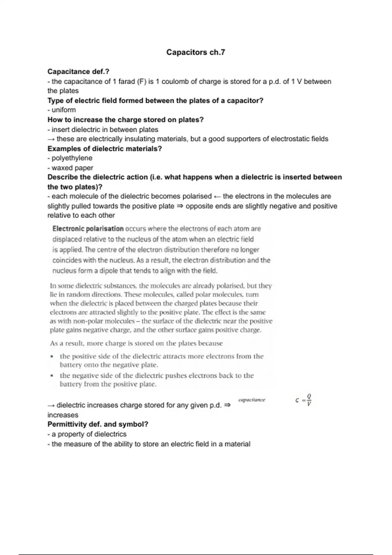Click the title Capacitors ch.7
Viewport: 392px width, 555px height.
[195, 52]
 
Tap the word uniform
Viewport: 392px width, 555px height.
[64, 110]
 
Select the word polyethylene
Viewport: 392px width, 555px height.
[72, 158]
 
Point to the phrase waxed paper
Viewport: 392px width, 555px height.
[72, 168]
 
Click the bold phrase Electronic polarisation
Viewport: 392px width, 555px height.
[88, 229]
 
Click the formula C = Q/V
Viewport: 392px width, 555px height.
[303, 400]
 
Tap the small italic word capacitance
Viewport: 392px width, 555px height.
[252, 400]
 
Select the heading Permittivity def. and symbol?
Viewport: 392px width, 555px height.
[98, 424]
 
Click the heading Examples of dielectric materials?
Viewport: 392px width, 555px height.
[105, 149]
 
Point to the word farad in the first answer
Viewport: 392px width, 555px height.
[126, 82]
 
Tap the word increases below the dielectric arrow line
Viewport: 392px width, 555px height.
[63, 415]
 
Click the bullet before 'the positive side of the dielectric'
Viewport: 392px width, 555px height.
[52, 357]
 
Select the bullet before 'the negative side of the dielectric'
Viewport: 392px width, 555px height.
[52, 376]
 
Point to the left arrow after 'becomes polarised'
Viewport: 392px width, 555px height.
[217, 197]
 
